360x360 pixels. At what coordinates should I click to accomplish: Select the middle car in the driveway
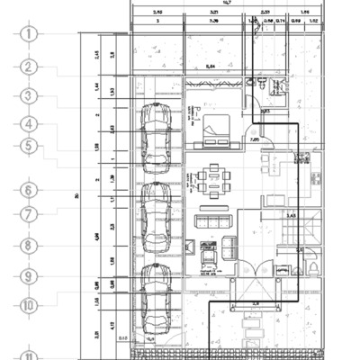point(158,210)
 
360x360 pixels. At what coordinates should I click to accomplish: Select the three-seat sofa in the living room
point(214,220)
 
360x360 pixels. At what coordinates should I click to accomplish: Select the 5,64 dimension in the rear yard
point(211,66)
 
